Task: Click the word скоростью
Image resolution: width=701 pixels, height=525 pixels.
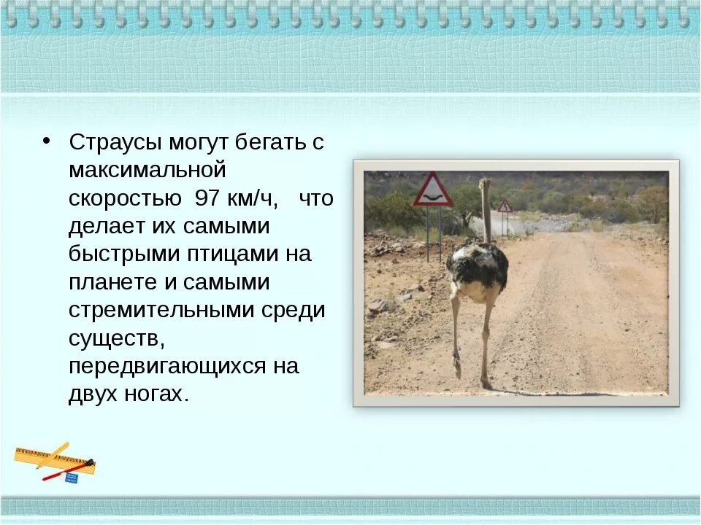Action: point(125,199)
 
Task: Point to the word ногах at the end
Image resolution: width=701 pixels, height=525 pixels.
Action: point(152,394)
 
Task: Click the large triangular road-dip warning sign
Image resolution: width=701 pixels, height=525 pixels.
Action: point(433,191)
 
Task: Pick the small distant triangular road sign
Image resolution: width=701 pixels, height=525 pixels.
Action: point(505,206)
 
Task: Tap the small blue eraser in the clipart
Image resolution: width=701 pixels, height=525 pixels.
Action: point(72,478)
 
